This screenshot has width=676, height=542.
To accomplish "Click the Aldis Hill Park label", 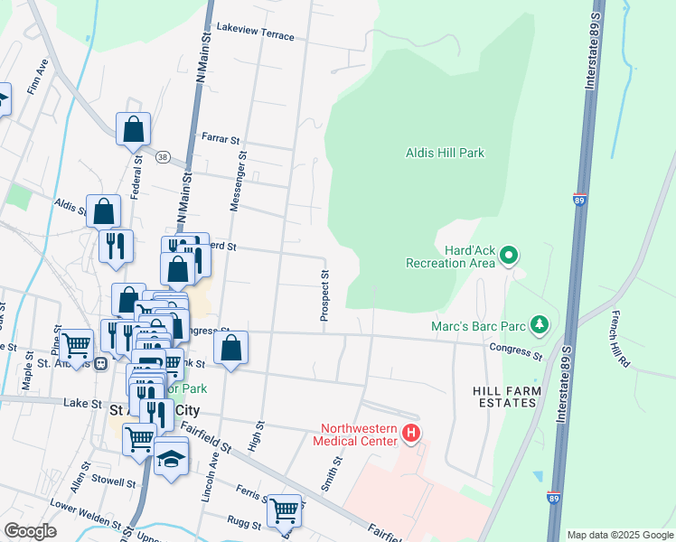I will click(445, 153).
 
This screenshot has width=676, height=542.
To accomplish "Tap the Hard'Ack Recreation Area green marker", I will click(508, 256).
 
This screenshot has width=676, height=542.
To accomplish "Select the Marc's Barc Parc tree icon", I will click(540, 323).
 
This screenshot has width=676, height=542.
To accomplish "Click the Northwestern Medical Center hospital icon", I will click(411, 434).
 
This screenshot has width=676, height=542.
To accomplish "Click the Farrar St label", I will click(221, 140).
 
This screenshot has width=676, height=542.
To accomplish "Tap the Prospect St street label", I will click(324, 294).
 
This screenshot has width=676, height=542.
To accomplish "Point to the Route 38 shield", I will click(162, 156).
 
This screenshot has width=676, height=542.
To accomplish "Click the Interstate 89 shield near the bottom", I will click(552, 496).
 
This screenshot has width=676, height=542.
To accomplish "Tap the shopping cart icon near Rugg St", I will click(285, 510).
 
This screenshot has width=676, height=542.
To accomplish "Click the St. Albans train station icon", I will click(100, 362).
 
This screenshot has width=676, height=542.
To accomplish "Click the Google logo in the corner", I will click(30, 531).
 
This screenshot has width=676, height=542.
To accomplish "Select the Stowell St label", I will click(113, 482).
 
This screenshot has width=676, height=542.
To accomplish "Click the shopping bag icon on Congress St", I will click(231, 346).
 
